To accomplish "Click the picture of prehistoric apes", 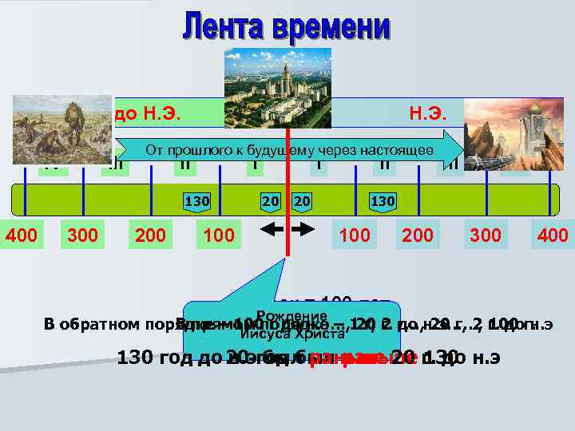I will tap(61, 130).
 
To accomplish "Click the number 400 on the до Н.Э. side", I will tap(22, 235).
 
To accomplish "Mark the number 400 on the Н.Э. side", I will tap(553, 235).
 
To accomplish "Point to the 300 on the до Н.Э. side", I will tap(84, 235).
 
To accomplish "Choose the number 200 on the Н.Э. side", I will tap(418, 235).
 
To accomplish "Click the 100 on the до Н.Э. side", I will tap(219, 235).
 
